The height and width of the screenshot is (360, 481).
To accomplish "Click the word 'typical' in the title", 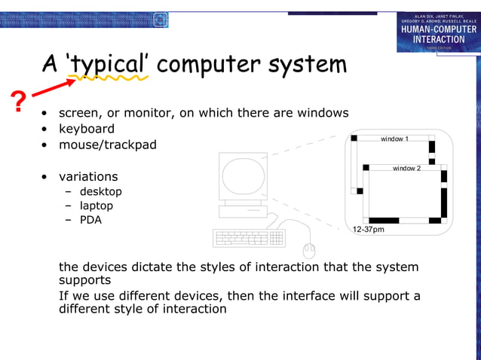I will [x=109, y=64].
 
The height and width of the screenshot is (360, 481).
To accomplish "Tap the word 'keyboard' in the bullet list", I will [x=87, y=129].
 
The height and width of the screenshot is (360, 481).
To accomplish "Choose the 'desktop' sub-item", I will [x=101, y=191].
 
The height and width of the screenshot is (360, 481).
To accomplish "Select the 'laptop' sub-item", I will [x=97, y=206].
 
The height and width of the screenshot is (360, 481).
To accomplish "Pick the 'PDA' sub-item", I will [x=90, y=220].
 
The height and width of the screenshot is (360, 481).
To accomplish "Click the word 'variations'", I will [x=88, y=176].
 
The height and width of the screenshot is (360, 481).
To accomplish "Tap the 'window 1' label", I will [x=394, y=139].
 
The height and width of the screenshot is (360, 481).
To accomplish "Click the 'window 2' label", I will [x=406, y=168].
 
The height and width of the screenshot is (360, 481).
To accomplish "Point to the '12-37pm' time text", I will [x=369, y=229].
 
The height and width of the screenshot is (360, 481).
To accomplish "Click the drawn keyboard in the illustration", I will [x=250, y=238].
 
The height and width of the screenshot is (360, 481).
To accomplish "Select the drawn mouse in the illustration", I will [x=308, y=249].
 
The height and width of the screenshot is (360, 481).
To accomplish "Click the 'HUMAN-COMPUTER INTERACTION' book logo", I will [x=438, y=32].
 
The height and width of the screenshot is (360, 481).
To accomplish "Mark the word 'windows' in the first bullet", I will [x=323, y=113].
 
